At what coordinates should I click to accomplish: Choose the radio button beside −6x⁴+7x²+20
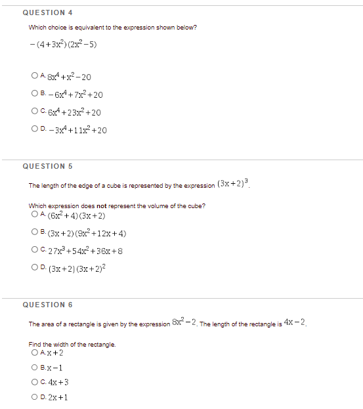click(33, 95)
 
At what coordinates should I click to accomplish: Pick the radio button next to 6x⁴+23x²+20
click(33, 112)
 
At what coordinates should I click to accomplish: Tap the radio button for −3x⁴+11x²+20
click(33, 129)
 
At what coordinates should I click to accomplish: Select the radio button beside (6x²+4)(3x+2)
click(33, 215)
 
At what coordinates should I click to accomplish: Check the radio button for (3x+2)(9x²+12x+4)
click(33, 233)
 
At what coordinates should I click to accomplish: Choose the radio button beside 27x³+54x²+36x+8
click(33, 250)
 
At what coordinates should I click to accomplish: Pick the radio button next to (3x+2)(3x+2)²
click(33, 268)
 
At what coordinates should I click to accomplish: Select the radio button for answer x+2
click(33, 353)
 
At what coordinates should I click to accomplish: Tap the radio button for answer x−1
click(33, 368)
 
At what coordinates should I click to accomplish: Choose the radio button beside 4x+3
click(33, 382)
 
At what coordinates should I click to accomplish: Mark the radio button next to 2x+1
click(33, 397)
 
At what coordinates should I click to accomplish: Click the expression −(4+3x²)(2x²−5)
click(64, 45)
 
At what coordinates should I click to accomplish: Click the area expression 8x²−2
click(184, 322)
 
